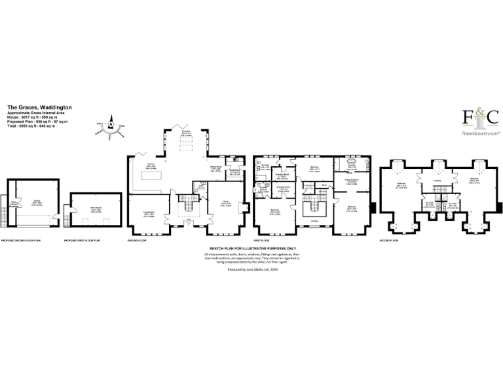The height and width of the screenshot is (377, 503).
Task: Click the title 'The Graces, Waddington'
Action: point(39,107)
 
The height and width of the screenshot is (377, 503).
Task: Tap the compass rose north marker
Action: point(111,124)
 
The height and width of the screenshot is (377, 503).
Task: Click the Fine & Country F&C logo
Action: point(481,118)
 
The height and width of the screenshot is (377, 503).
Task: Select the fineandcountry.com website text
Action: point(481,132)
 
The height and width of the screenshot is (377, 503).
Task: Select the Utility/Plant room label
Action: point(234,173)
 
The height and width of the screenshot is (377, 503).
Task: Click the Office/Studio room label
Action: point(95,210)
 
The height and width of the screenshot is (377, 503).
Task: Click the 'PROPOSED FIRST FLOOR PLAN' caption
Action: point(81,241)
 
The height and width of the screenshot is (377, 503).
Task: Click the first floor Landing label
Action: point(314,229)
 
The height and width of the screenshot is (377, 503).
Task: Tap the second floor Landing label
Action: point(436,181)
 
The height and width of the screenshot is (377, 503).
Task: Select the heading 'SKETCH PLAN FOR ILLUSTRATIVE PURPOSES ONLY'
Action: point(252,249)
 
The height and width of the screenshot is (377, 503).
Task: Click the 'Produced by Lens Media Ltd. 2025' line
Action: point(252,270)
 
